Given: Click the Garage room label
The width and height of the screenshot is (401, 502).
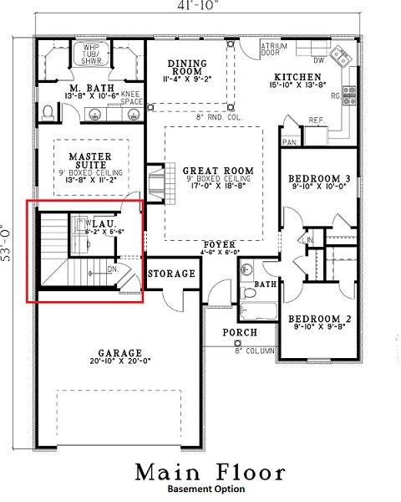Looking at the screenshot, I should click(119, 352).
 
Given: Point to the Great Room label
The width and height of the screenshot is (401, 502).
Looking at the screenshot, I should click(211, 171).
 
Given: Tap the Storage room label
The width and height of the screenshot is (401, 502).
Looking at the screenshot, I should click(171, 274).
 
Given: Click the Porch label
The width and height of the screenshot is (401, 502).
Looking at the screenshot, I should click(239, 332).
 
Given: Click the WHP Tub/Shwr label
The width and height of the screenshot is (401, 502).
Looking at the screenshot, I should click(89, 54).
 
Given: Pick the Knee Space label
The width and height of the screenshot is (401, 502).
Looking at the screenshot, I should click(130, 99).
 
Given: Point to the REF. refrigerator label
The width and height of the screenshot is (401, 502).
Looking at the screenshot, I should click(316, 120).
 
